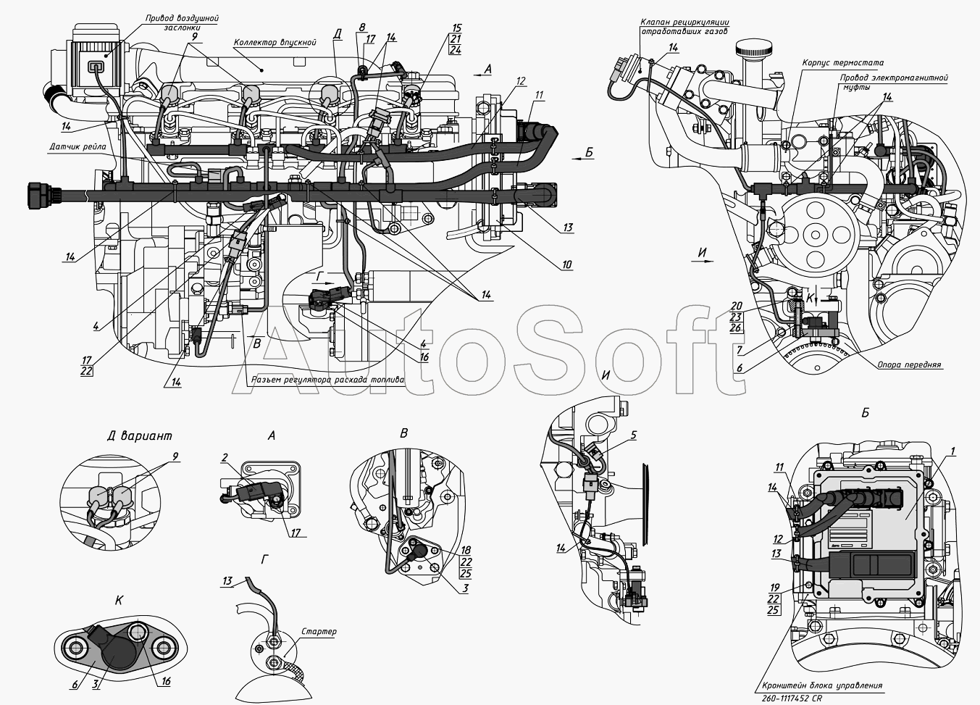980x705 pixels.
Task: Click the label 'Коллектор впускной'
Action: (x=275, y=43)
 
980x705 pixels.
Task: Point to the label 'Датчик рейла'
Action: (x=78, y=147)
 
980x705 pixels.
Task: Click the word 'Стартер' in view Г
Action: (x=319, y=632)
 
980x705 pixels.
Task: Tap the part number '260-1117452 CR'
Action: (x=792, y=698)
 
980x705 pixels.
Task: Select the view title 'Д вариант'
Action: (x=140, y=435)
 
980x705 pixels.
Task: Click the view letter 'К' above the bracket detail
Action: (x=119, y=601)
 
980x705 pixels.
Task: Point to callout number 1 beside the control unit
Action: (x=953, y=451)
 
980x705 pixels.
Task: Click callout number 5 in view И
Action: (x=633, y=435)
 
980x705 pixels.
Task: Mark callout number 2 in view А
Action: (x=225, y=458)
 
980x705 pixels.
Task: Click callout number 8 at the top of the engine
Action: (x=362, y=28)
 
